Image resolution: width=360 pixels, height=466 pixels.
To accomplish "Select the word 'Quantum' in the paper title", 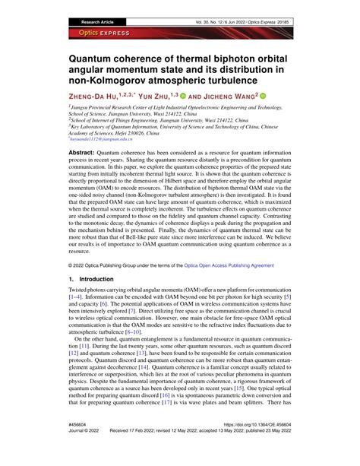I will (x=95, y=55).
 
